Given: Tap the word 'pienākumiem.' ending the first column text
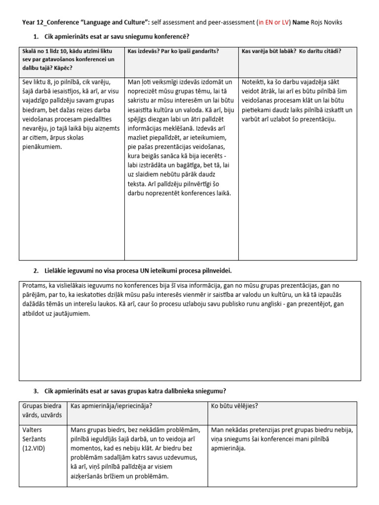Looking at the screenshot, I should click(42, 147).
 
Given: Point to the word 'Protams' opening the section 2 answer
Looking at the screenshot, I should click(35, 286).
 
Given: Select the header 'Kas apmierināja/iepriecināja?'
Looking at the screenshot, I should click(112, 406).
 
